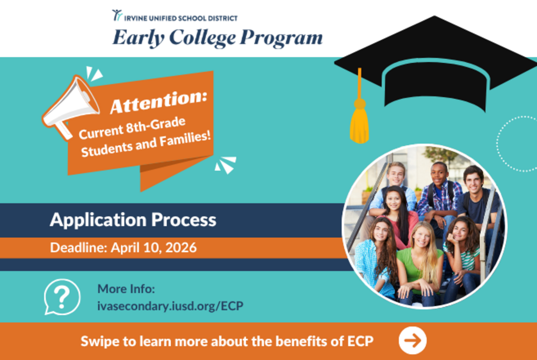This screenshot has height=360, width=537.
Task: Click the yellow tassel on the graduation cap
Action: coord(359,121)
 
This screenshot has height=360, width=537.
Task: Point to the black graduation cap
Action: coord(430,64)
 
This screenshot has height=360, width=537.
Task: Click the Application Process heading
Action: coord(133,220)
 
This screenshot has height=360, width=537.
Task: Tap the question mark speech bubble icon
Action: coord(62,297)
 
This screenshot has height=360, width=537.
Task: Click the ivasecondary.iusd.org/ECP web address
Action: coord(170,306)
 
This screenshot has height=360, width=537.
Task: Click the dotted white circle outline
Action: coord(517,143)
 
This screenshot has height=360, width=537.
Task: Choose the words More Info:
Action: coord(126,289)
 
